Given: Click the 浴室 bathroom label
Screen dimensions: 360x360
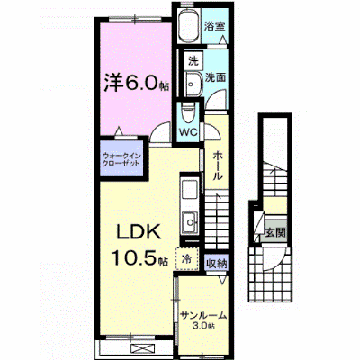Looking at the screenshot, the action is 214,27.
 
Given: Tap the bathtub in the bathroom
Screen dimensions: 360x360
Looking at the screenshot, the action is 189,26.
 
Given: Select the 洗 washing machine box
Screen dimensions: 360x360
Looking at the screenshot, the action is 193,61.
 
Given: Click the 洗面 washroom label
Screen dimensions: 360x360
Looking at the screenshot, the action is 215,78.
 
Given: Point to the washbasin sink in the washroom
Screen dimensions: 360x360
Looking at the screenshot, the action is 193,85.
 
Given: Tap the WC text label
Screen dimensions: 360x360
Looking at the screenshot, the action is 189,131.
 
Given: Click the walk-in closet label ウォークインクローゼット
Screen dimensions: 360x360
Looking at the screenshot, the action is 121,160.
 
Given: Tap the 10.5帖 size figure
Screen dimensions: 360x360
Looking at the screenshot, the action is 139,257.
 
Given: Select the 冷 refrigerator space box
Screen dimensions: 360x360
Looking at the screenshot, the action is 187,259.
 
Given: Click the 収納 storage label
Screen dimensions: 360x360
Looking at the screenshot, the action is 217,264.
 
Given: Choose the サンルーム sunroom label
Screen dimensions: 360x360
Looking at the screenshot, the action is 203,315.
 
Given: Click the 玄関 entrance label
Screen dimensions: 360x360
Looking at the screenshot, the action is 275,232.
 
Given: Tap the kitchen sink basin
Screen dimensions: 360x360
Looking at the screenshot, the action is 190,220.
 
